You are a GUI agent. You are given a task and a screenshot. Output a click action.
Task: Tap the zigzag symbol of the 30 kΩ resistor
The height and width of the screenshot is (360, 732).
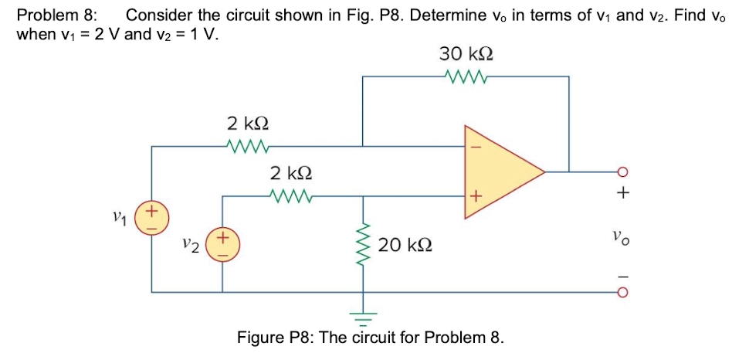pyautogui.click(x=466, y=76)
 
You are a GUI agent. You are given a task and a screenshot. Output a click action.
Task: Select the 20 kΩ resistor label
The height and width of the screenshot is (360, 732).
pyautogui.click(x=405, y=246)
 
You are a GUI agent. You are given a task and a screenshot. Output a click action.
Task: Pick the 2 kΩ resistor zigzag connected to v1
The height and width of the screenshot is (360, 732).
pyautogui.click(x=247, y=144)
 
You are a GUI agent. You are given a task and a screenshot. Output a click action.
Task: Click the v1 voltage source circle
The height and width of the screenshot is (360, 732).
pyautogui.click(x=151, y=216)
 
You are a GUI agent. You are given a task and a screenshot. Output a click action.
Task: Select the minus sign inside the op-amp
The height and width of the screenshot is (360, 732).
pyautogui.click(x=476, y=145)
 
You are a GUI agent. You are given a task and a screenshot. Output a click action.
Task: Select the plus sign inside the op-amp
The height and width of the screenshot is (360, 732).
pyautogui.click(x=476, y=197)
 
